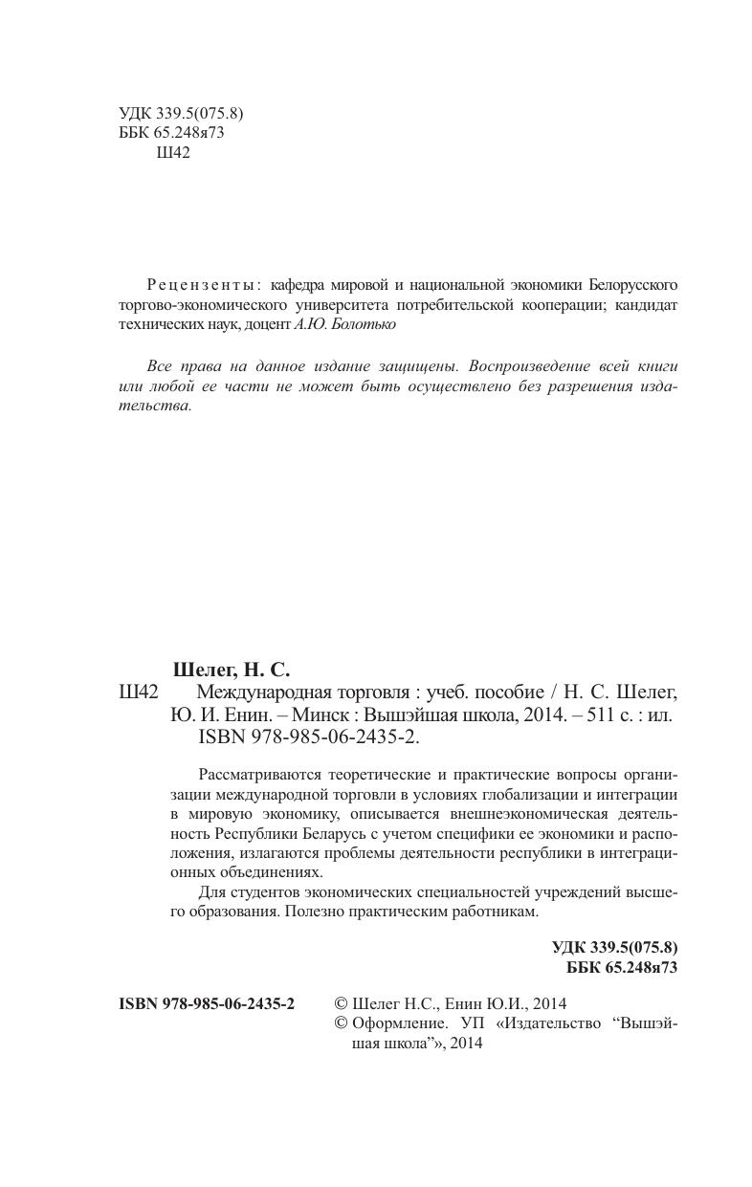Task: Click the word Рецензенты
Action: click(201, 285)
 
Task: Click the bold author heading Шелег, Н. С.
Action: click(231, 670)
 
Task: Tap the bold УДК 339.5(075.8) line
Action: click(614, 948)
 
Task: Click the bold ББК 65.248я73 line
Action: click(622, 967)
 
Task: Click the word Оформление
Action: click(399, 1023)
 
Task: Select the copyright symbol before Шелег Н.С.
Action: click(341, 1003)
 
